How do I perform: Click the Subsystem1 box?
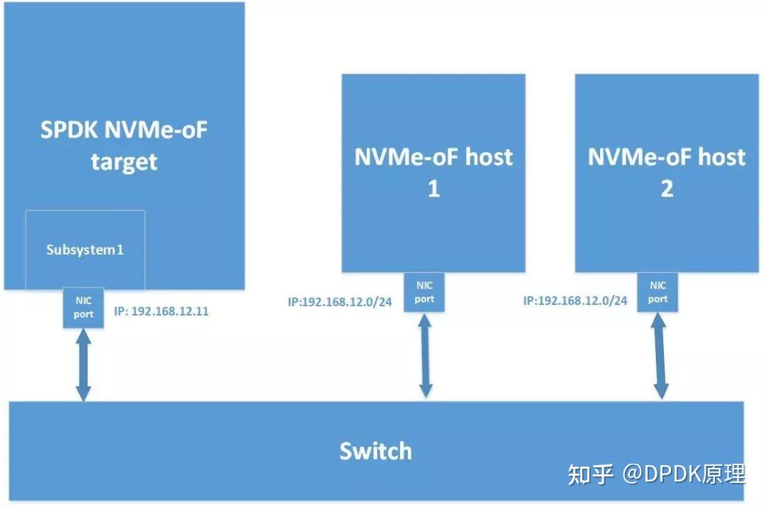pyautogui.click(x=85, y=250)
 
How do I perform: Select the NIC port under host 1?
pyautogui.click(x=424, y=292)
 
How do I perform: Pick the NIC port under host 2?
pyautogui.click(x=657, y=292)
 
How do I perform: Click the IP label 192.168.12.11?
pyautogui.click(x=161, y=311)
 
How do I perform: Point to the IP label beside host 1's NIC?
pyautogui.click(x=341, y=301)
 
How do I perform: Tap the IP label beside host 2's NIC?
pyautogui.click(x=575, y=301)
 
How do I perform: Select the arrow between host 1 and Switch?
pyautogui.click(x=426, y=355)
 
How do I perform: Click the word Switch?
pyautogui.click(x=375, y=451)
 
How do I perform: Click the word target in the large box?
pyautogui.click(x=124, y=162)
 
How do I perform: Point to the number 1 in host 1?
pyautogui.click(x=433, y=189)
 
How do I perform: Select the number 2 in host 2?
pyautogui.click(x=667, y=189)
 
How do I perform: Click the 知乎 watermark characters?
pyautogui.click(x=590, y=474)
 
